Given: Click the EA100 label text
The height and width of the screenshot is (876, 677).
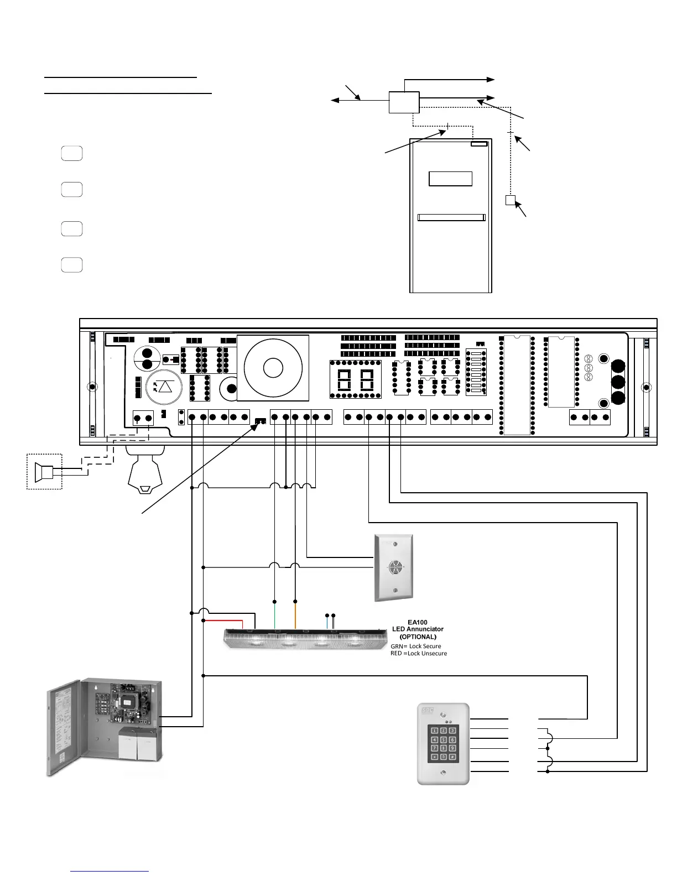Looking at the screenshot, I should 418,622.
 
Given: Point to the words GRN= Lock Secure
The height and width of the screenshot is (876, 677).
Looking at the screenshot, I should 416,646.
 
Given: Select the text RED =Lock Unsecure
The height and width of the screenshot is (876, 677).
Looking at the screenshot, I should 419,653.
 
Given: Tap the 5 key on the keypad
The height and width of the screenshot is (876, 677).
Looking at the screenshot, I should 443,739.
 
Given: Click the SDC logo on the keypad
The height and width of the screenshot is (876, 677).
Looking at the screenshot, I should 427,710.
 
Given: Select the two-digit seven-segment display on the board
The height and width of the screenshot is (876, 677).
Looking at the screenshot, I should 356,379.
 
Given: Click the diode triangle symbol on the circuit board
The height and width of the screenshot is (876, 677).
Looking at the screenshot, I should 165,386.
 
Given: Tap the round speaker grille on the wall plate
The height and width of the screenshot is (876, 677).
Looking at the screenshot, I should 395,567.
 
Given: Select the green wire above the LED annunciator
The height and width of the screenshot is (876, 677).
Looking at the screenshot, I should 275,615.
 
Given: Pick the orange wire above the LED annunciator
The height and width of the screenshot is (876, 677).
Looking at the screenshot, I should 295,615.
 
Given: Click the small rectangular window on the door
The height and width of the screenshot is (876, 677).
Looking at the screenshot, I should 450,179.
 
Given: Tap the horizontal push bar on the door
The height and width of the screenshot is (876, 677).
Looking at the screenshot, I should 451,217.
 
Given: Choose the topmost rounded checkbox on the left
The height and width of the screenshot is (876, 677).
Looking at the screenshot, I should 72,153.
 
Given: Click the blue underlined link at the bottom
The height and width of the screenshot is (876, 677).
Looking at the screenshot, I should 110,871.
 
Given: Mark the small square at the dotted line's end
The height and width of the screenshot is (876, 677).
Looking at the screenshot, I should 510,200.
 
